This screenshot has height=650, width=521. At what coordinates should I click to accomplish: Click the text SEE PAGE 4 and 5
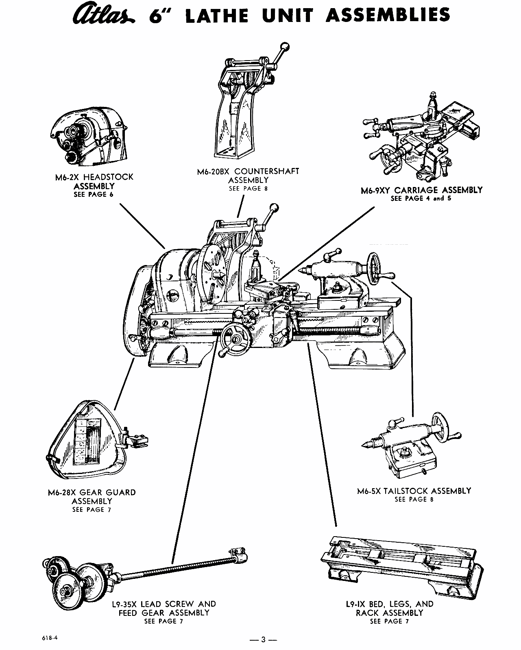pos(421,199)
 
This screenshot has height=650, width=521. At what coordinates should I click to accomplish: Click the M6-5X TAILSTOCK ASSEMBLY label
pos(414,491)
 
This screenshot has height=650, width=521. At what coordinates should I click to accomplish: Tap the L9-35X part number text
pos(124,604)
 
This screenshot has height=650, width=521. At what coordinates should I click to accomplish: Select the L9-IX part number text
pos(354,604)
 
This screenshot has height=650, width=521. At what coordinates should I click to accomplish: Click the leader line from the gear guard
pos(124,384)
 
